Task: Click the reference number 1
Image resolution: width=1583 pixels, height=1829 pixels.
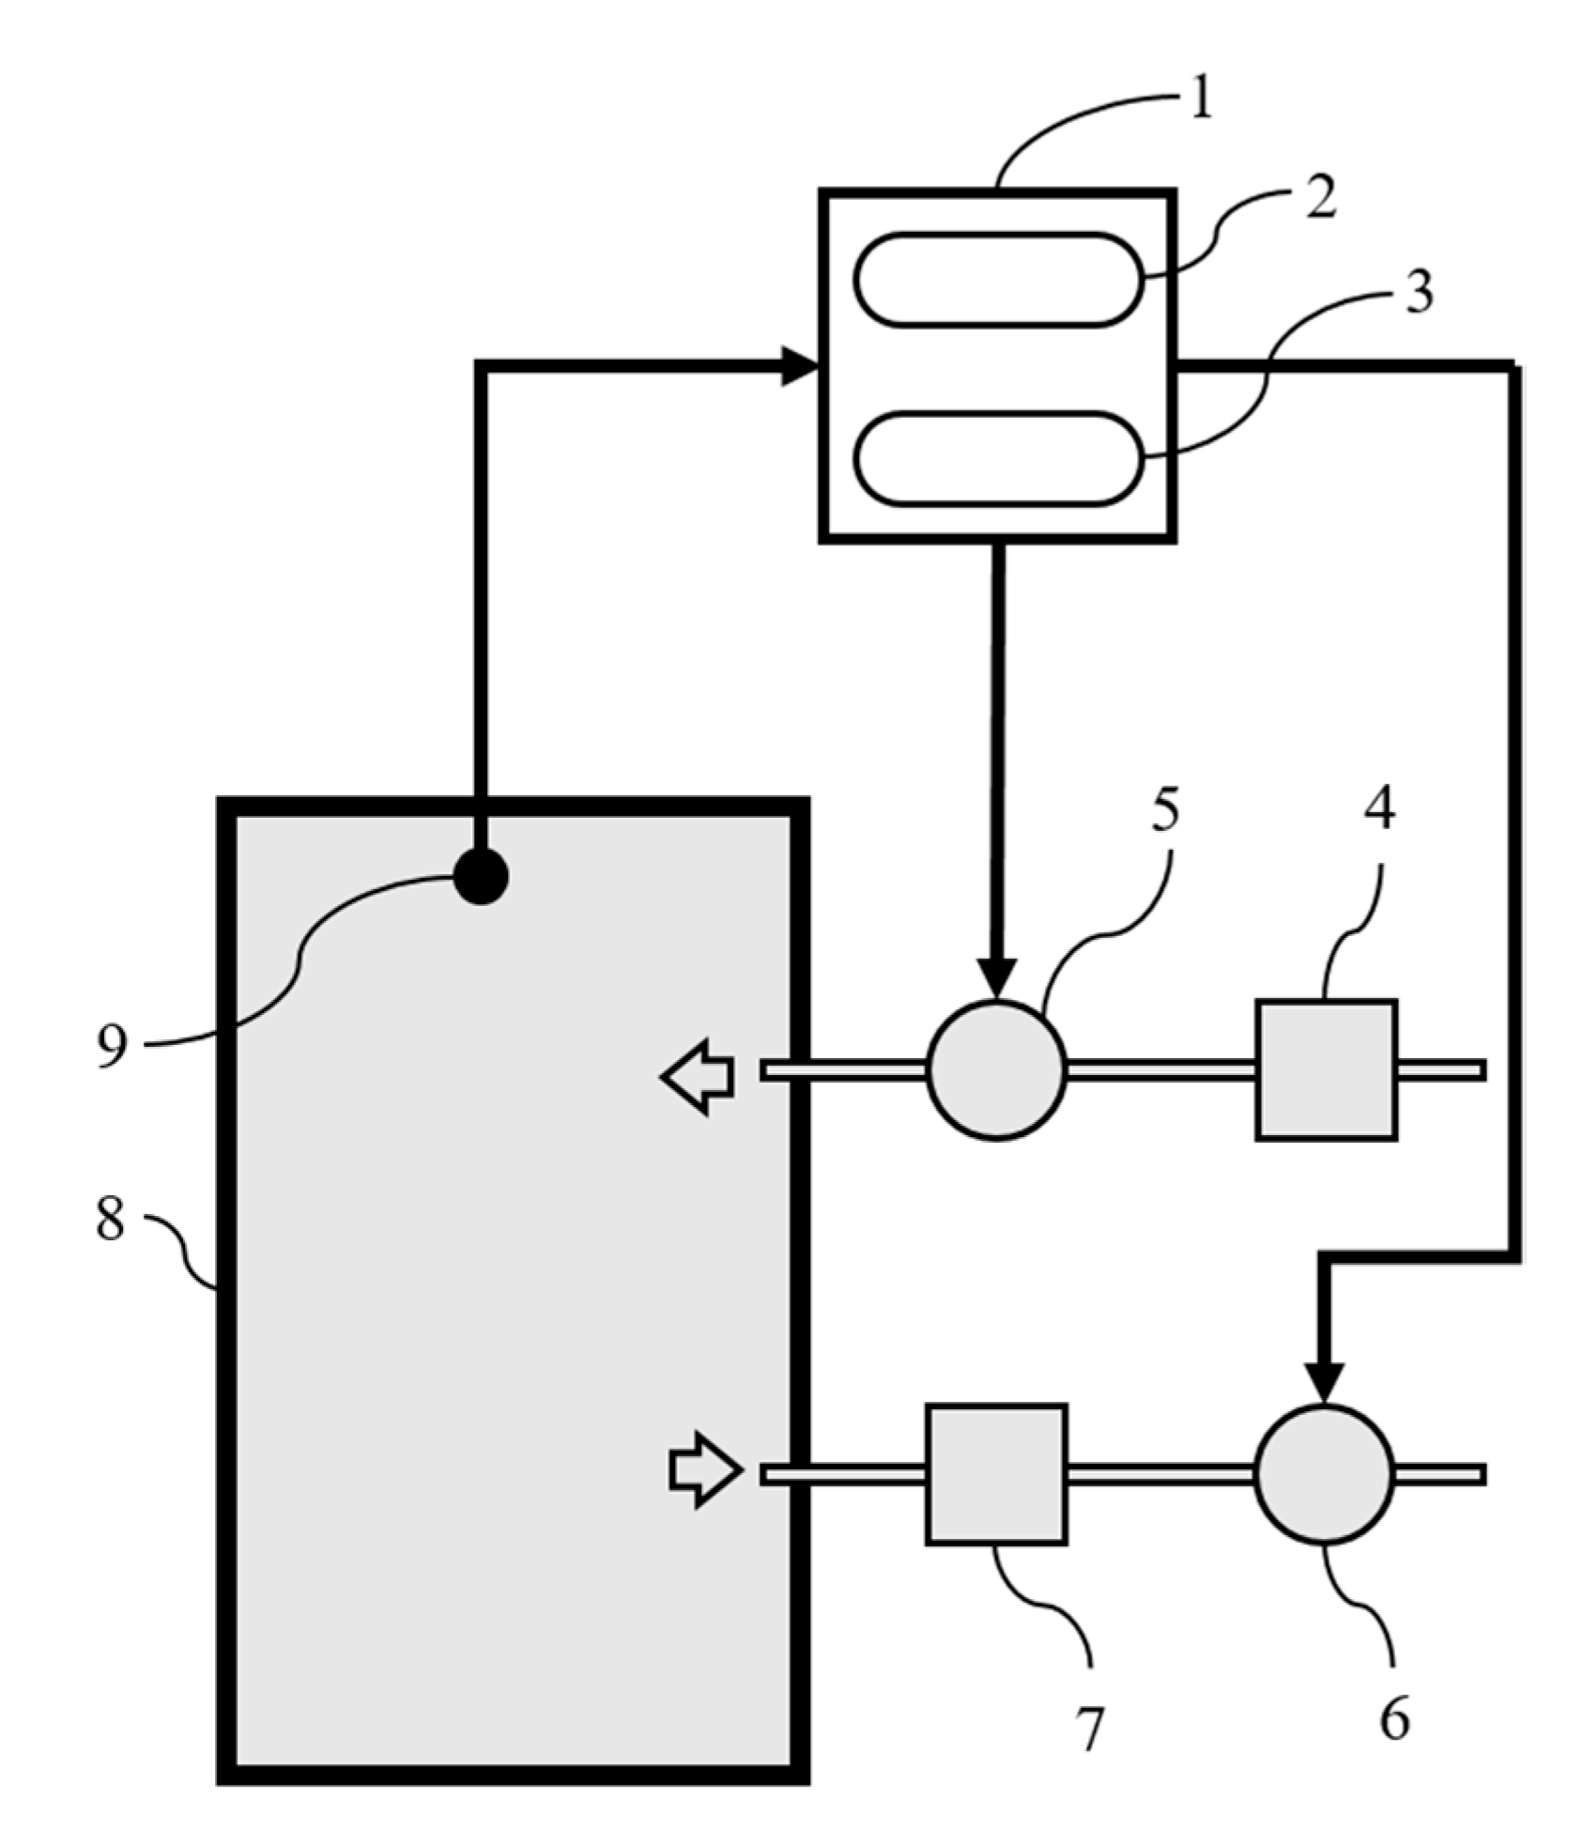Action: (x=1201, y=100)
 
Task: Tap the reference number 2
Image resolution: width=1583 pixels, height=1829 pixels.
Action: (x=1320, y=198)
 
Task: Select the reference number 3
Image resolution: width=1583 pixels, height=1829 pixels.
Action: (x=1419, y=291)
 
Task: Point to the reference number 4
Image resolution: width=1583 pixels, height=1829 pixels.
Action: (x=1377, y=807)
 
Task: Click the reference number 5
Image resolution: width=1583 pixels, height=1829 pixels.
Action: (x=1164, y=808)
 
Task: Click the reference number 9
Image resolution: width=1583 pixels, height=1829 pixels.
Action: (x=112, y=1044)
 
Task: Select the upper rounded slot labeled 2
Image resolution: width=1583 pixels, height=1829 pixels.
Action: (x=998, y=280)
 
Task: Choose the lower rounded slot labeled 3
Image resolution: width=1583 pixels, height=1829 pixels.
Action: (x=998, y=458)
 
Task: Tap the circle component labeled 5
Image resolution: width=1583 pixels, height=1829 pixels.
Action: (x=997, y=1070)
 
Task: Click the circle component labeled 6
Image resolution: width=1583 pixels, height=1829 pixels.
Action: (x=1325, y=1474)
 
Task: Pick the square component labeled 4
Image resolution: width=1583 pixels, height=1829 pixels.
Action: (x=1326, y=1069)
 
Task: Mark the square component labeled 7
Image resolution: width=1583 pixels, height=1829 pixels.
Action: (x=996, y=1474)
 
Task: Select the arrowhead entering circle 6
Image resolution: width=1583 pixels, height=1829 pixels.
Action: (x=1325, y=1383)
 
